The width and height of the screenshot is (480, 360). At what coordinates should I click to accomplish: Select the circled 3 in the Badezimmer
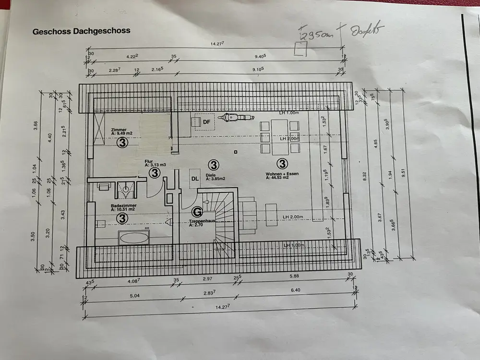coord(123,218)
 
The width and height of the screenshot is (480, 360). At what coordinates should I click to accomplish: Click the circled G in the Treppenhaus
coord(197,211)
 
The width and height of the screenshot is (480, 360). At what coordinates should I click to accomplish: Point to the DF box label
coord(206,122)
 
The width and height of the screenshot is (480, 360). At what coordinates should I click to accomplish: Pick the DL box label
coord(194,179)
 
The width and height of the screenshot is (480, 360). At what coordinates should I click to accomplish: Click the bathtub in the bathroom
coord(134,237)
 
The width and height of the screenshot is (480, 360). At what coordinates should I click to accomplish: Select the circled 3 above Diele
coord(214,165)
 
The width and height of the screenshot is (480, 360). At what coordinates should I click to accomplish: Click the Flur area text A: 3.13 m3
coord(156,165)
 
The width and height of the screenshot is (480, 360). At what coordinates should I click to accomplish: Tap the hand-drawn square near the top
coord(301,48)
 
